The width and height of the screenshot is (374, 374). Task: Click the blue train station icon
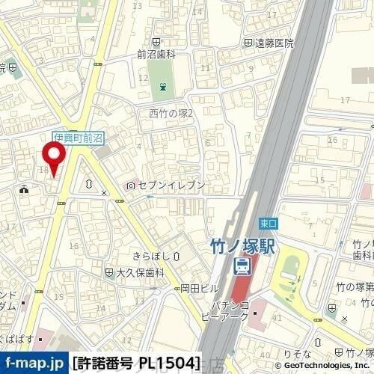242,264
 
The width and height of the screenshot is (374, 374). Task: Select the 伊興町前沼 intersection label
78,138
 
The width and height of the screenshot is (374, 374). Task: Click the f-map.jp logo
34,363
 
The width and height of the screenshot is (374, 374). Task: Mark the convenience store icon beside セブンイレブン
132,185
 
